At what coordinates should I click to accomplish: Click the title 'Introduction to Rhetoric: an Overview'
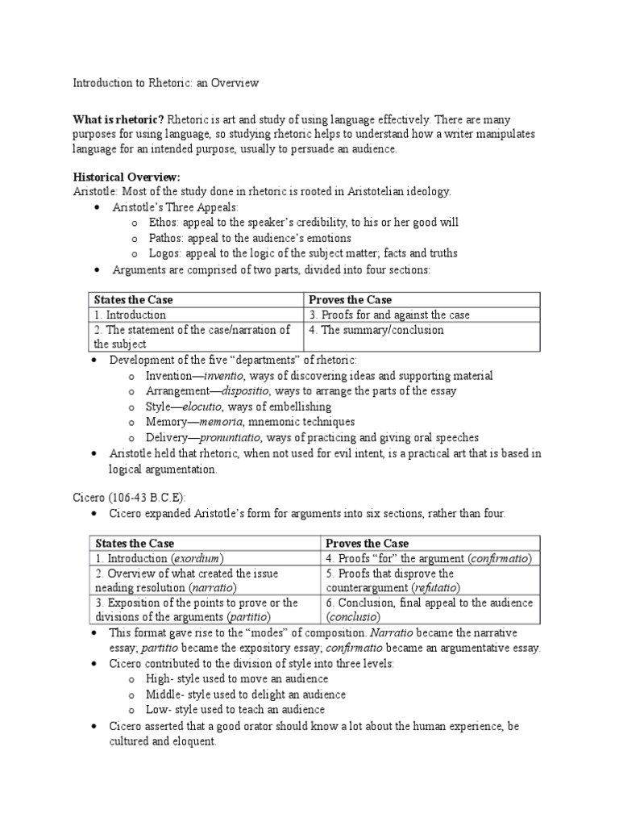pos(165,83)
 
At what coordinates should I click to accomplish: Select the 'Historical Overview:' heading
pos(127,177)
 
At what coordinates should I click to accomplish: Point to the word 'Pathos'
pos(166,238)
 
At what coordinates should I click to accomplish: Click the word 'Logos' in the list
pos(164,253)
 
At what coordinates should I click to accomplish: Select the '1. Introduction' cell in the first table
pos(131,315)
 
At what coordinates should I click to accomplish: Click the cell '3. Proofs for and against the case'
pos(389,315)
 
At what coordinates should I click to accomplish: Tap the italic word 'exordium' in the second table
pos(197,558)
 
